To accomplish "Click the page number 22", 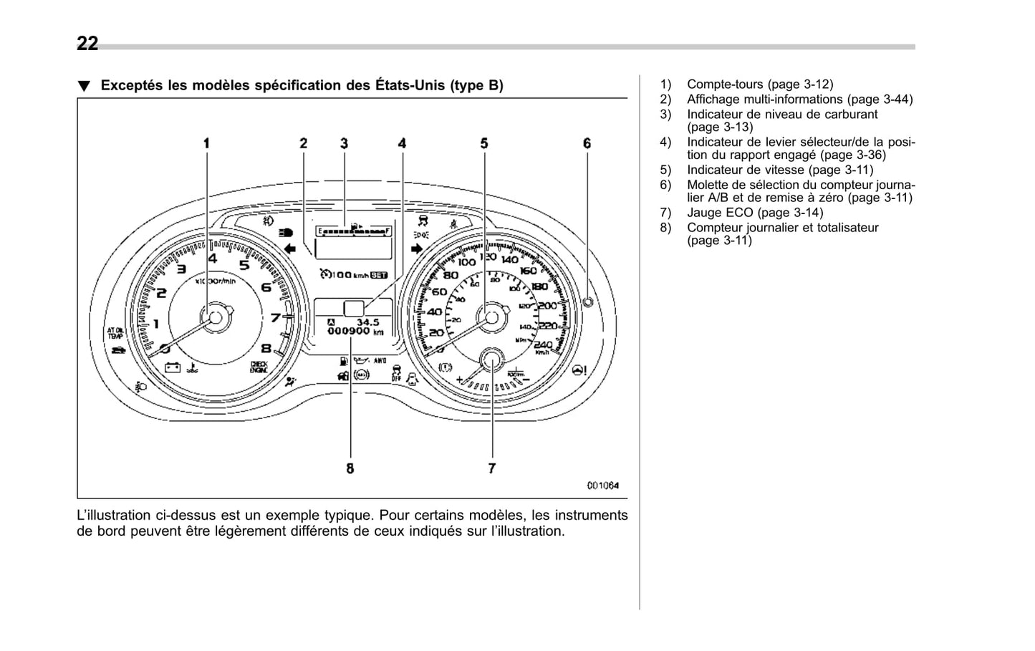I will [x=87, y=44].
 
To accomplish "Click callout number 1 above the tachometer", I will [x=207, y=143].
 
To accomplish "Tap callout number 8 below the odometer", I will [x=350, y=468].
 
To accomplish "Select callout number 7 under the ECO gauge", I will [x=492, y=468].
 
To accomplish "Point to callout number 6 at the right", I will [x=587, y=143].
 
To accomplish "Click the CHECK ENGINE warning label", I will [x=259, y=367].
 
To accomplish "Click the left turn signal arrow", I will [x=290, y=249].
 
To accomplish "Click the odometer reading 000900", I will [x=349, y=332].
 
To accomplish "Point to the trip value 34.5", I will [x=367, y=322].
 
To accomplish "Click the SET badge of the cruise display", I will [x=379, y=274].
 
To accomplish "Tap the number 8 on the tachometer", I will [x=266, y=349].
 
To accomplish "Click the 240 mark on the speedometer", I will [x=544, y=344].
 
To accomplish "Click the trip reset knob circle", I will [x=588, y=302].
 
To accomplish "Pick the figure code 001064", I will [x=602, y=486].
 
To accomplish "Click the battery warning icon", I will [x=173, y=367].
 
